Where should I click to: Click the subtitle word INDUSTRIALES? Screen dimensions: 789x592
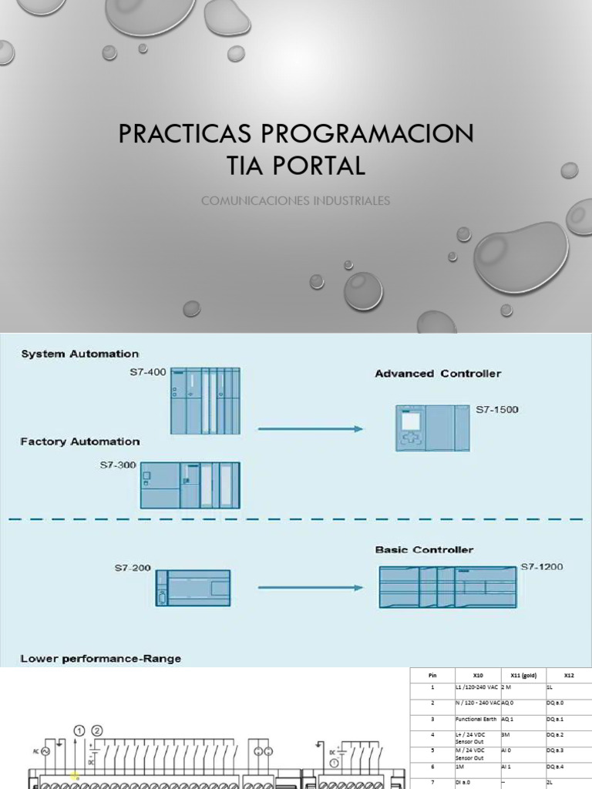coord(352,201)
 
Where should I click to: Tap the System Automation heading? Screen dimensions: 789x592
coord(79,354)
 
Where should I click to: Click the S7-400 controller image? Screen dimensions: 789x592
coord(205,401)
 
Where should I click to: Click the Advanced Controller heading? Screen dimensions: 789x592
coord(438,374)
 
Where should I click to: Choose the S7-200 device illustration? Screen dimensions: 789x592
coord(193,588)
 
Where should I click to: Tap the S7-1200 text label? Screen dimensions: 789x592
coord(542,567)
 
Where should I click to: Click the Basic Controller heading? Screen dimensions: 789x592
coord(424,550)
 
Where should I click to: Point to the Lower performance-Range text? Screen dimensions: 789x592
coord(101,658)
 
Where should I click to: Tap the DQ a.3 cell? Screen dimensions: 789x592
coord(555,750)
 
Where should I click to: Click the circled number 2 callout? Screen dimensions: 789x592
coord(97,730)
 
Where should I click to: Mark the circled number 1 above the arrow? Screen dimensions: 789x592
coord(79,730)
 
